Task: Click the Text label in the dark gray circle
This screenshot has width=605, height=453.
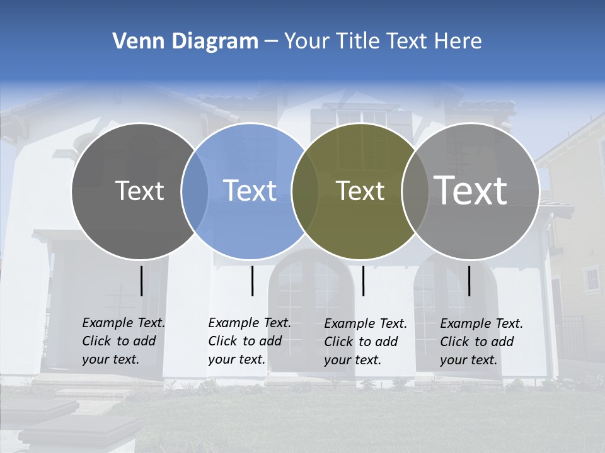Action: click(139, 191)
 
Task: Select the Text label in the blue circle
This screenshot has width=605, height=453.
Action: click(250, 191)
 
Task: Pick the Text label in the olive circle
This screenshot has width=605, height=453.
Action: click(360, 191)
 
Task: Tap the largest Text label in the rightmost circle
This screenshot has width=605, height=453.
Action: click(471, 190)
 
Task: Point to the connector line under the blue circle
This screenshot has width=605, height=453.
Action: click(252, 281)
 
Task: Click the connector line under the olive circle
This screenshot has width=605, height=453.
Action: click(363, 281)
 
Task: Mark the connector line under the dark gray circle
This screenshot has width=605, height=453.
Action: click(141, 281)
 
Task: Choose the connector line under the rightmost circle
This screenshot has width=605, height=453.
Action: click(469, 281)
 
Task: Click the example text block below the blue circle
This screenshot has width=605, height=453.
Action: click(249, 341)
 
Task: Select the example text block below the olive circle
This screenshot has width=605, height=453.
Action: click(365, 342)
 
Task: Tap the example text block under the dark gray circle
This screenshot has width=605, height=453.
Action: click(123, 341)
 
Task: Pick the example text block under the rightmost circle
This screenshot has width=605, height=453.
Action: click(481, 342)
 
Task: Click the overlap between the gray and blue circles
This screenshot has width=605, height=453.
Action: click(195, 191)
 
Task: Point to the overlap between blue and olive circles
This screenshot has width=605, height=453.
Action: click(305, 191)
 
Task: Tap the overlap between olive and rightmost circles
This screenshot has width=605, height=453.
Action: click(415, 191)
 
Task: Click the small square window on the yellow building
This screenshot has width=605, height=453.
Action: click(592, 279)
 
